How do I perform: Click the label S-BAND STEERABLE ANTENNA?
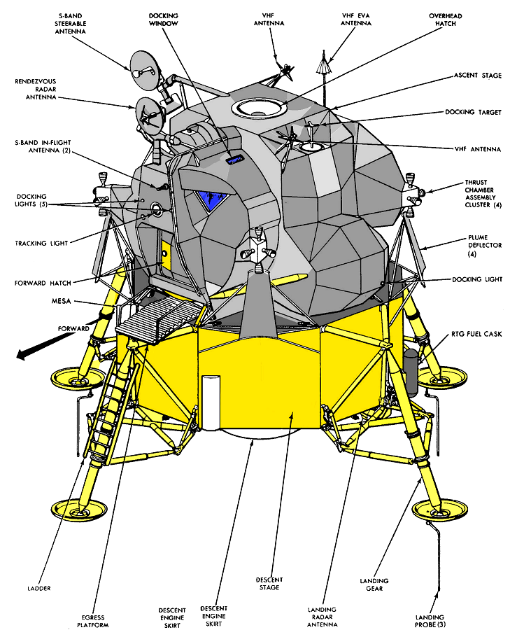pos(69,22)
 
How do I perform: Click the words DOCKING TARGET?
pos(474,112)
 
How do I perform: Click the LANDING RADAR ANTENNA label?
pos(323,615)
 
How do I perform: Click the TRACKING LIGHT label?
pos(41,244)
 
